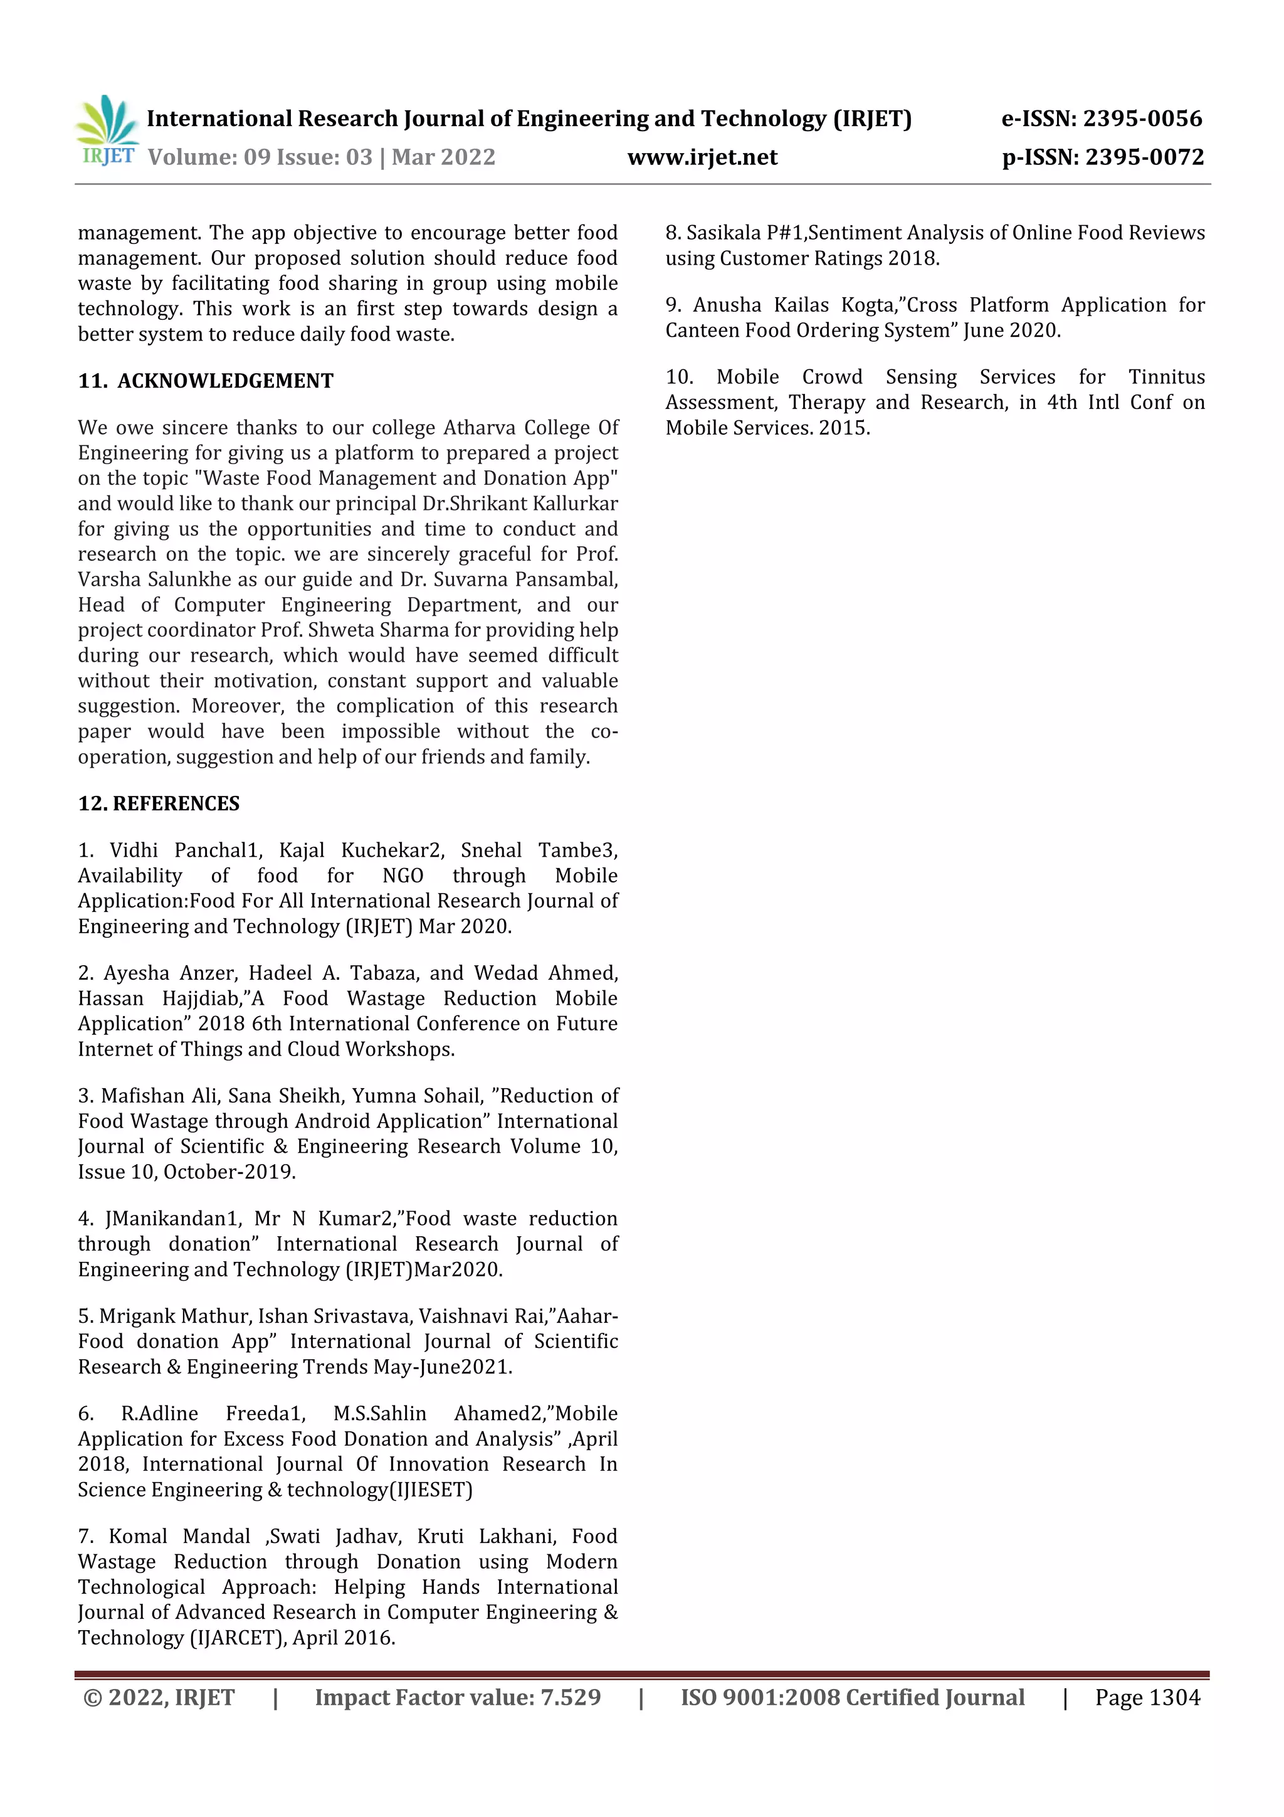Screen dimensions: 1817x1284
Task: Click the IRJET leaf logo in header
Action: [x=108, y=130]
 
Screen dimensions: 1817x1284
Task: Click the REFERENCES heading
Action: [x=176, y=804]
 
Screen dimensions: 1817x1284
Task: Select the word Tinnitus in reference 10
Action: [x=1166, y=378]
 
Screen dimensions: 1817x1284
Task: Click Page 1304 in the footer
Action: [x=1147, y=1697]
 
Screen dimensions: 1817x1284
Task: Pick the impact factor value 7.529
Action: [x=571, y=1697]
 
